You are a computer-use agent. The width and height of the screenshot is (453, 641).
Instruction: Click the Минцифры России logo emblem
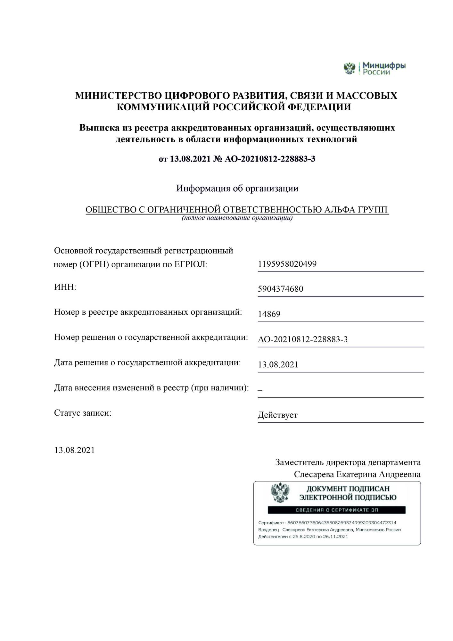click(350, 68)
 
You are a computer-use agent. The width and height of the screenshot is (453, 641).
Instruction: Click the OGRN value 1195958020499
click(287, 264)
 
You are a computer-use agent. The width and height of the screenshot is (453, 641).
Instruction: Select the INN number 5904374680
click(280, 289)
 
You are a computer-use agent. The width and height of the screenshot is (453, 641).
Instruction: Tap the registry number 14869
click(269, 314)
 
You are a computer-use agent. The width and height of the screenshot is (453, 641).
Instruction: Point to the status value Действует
click(277, 415)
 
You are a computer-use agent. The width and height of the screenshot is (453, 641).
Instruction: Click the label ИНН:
click(65, 287)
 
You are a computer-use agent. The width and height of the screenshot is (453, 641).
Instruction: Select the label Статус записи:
click(83, 413)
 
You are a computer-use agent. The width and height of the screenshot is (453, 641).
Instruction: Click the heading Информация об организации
click(237, 188)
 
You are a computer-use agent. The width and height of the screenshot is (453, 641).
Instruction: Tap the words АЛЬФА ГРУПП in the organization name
click(356, 210)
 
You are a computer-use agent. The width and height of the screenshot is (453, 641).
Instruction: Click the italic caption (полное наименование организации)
click(237, 218)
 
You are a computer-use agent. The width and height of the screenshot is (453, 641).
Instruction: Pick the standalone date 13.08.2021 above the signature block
click(75, 450)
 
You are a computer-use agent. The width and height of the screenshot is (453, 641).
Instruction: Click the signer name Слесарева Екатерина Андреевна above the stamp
click(357, 474)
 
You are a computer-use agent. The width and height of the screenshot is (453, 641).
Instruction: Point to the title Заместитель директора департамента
click(348, 462)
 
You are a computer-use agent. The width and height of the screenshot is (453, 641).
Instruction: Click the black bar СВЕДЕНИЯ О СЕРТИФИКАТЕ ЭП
click(336, 510)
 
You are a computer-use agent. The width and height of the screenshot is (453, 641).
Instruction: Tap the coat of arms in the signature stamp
click(280, 493)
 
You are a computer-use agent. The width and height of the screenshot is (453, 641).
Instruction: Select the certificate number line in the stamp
click(327, 523)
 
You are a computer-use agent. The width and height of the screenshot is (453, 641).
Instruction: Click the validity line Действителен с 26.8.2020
click(303, 537)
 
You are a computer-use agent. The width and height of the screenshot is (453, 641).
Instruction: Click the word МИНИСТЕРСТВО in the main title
click(118, 96)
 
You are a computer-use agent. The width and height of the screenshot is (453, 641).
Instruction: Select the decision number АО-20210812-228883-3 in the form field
click(302, 339)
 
